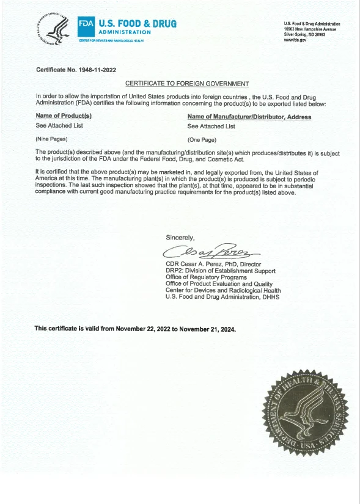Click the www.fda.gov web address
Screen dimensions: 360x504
click(295, 40)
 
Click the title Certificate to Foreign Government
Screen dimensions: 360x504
click(186, 83)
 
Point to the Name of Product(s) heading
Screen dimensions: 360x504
click(64, 116)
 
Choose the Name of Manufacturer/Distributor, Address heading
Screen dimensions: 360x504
click(249, 117)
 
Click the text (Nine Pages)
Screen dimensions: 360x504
click(51, 139)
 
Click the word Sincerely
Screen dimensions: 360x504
click(180, 237)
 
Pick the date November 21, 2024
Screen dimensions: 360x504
click(207, 329)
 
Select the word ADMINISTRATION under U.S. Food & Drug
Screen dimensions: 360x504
click(125, 32)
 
